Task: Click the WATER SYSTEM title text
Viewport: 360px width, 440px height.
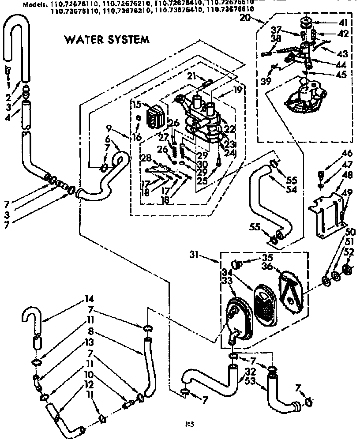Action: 107,39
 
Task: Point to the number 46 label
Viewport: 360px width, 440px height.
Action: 347,154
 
